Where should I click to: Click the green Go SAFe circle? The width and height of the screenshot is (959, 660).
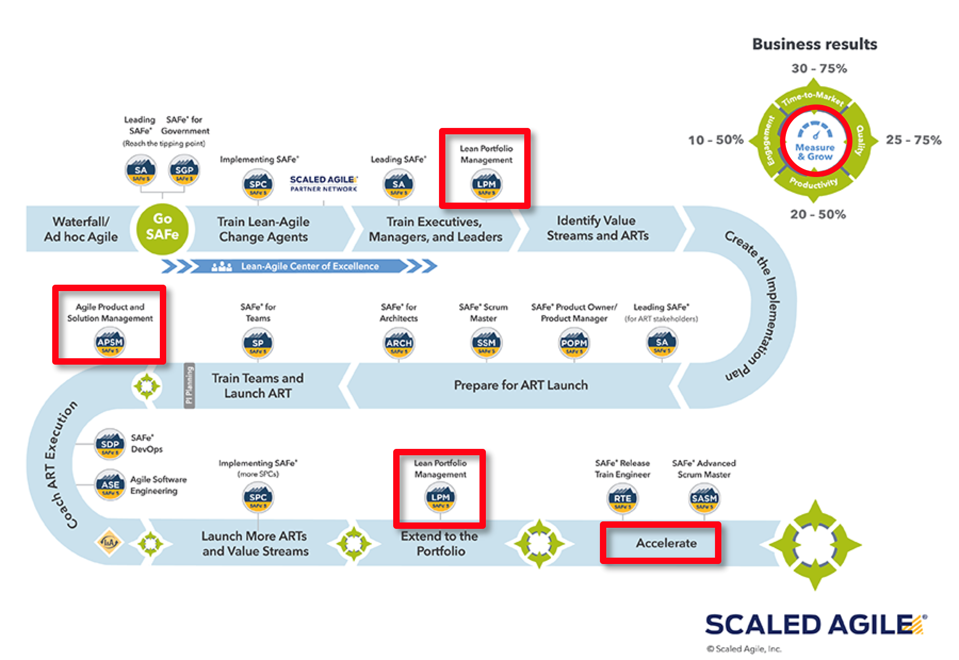pyautogui.click(x=162, y=228)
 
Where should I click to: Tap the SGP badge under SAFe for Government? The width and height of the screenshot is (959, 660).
pyautogui.click(x=184, y=171)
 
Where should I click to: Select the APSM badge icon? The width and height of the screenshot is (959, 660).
pyautogui.click(x=110, y=343)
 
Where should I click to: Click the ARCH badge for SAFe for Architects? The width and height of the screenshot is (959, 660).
pyautogui.click(x=399, y=344)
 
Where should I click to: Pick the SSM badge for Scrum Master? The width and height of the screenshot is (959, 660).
pyautogui.click(x=486, y=344)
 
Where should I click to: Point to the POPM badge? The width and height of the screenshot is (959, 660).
pyautogui.click(x=574, y=344)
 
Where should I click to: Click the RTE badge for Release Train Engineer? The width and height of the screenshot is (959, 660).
pyautogui.click(x=622, y=499)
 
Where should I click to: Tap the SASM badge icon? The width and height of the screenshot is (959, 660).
pyautogui.click(x=704, y=499)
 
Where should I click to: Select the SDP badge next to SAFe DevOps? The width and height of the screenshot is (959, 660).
pyautogui.click(x=110, y=445)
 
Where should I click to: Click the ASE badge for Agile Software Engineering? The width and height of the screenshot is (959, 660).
pyautogui.click(x=110, y=485)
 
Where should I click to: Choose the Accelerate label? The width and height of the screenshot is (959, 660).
pyautogui.click(x=666, y=543)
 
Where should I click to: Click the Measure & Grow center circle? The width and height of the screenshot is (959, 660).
pyautogui.click(x=815, y=142)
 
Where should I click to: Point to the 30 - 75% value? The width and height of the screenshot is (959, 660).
pyautogui.click(x=819, y=69)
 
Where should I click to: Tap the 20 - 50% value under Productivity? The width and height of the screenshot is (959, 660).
pyautogui.click(x=818, y=214)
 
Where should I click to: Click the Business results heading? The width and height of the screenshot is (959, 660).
pyautogui.click(x=815, y=44)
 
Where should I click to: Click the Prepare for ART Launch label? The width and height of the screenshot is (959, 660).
pyautogui.click(x=521, y=385)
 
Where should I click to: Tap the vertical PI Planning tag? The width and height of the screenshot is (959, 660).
pyautogui.click(x=189, y=385)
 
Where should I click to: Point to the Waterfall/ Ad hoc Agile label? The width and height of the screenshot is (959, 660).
pyautogui.click(x=81, y=229)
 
